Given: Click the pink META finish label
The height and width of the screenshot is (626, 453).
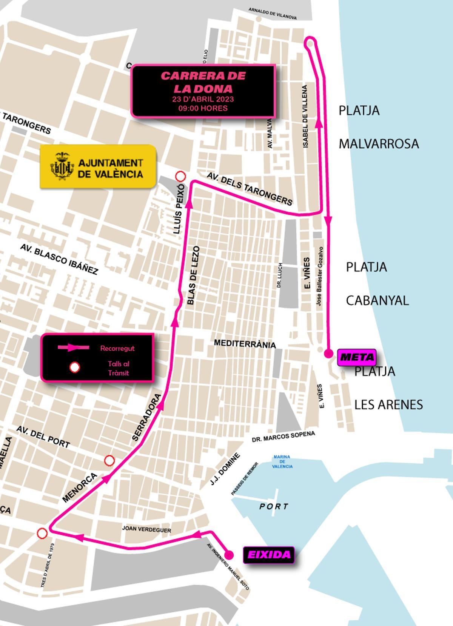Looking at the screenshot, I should [356, 357].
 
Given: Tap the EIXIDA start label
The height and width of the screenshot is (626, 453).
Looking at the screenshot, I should [268, 555].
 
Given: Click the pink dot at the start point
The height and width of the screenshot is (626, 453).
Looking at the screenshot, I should [229, 554].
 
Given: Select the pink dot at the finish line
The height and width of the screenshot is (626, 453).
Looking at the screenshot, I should [328, 354].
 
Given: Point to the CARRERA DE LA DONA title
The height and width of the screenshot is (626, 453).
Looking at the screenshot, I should [203, 82].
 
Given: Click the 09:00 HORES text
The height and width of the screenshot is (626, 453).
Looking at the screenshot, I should [203, 108].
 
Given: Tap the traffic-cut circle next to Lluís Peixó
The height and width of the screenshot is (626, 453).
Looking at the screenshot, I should [181, 176].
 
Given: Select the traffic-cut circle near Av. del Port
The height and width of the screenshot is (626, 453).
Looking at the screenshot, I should [109, 460].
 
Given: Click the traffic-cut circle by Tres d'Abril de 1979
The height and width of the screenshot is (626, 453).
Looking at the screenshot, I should [42, 533].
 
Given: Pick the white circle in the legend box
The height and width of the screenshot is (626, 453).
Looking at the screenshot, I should [75, 368].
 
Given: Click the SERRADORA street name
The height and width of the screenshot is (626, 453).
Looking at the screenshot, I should [147, 418].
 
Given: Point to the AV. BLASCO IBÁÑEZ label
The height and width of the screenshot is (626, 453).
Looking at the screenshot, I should [59, 259].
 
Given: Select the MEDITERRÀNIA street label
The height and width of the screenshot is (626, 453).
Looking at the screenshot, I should [245, 343].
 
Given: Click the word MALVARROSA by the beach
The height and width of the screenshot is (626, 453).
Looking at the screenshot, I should [378, 144].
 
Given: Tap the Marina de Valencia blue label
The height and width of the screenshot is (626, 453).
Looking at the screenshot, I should [282, 461].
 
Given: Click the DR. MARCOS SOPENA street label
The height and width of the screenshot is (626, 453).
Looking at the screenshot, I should [283, 437].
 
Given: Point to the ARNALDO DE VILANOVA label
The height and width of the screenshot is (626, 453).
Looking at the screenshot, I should [272, 13].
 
